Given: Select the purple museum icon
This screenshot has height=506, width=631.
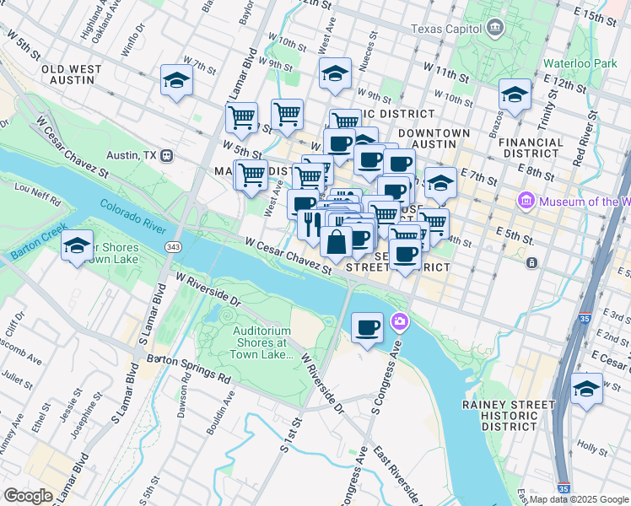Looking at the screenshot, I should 526,201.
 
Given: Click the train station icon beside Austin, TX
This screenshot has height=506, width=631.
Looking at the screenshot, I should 168,156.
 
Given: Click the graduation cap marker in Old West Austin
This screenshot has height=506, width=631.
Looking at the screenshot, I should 176,80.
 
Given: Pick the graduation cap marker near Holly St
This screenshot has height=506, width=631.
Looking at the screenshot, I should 586,389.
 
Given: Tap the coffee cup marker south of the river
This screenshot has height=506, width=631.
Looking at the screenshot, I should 366,326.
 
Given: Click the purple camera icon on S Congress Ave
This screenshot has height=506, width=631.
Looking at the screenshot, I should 399,321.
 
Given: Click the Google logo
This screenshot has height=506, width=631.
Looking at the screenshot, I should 28,496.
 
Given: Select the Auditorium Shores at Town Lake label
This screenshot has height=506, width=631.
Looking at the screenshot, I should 262,342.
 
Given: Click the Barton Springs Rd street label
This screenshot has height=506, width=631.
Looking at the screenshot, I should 189,369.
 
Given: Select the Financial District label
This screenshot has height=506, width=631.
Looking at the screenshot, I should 532,148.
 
